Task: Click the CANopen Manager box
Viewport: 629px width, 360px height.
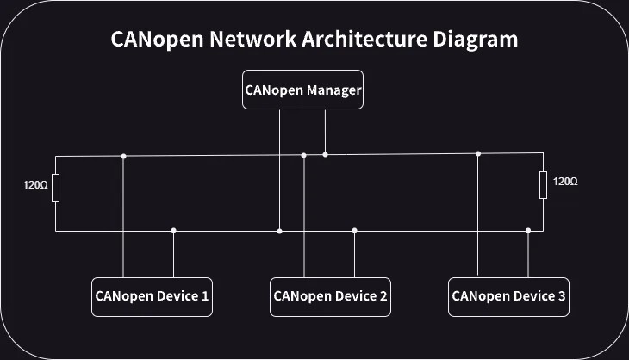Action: click(x=302, y=90)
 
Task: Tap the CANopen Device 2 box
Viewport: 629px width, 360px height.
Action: click(x=330, y=296)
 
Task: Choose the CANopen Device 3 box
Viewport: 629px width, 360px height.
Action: click(x=508, y=296)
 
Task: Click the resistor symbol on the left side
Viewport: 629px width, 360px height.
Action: click(x=56, y=187)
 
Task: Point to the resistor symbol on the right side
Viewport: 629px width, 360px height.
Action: click(x=543, y=184)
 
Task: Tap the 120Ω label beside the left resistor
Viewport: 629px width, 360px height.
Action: click(x=34, y=184)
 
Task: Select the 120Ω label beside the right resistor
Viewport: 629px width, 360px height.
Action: click(x=565, y=182)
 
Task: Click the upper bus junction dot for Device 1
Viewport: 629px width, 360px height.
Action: click(x=124, y=156)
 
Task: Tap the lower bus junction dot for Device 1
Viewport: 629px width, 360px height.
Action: click(x=174, y=230)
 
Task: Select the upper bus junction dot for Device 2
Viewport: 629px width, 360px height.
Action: click(x=304, y=155)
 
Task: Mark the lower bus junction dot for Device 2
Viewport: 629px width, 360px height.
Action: click(x=354, y=230)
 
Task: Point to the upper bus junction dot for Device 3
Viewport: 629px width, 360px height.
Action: click(x=478, y=153)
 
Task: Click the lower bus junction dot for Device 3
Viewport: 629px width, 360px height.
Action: click(x=528, y=230)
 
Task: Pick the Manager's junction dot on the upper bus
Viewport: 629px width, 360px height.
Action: click(x=325, y=154)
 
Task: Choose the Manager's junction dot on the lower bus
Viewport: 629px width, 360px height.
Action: click(x=279, y=231)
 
